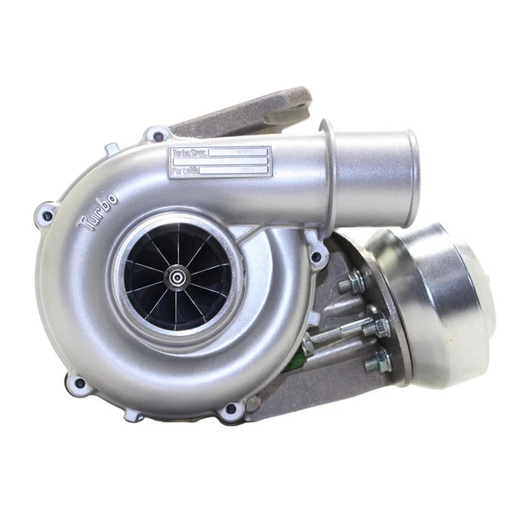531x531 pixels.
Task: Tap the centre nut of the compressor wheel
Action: coord(177,278)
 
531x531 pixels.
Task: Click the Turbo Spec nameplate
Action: coord(220,162)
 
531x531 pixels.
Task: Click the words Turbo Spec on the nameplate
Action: coord(190,153)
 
